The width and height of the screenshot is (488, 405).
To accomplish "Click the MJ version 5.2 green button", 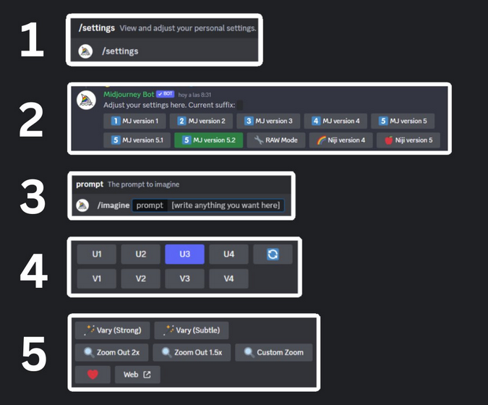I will pos(208,140).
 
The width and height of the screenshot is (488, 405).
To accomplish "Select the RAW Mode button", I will pos(277,140).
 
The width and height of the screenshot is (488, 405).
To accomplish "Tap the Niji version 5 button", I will pos(408,140).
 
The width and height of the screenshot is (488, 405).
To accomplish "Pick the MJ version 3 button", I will pos(269,121).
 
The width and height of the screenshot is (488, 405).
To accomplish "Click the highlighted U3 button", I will pos(185,255).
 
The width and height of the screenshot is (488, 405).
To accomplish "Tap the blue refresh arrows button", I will pos(273,255).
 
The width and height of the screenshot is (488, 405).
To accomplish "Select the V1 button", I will pos(97,278).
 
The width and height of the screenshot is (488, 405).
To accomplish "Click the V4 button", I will pos(228,278).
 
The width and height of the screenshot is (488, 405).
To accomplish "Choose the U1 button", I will pos(97,255).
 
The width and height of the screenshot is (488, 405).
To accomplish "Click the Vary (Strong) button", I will pos(112,331).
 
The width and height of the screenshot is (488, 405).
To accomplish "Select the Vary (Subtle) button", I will pos(192,331).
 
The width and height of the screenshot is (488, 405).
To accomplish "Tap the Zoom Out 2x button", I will pos(112,353).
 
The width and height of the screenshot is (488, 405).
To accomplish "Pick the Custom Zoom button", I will pos(273,353).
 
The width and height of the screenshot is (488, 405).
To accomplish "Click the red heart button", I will pos(92,375).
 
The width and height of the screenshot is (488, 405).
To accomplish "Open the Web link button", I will pos(137,375).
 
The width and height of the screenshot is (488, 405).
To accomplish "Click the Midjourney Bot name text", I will pos(129,94).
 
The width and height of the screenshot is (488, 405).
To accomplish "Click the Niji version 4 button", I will pos(342,140).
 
